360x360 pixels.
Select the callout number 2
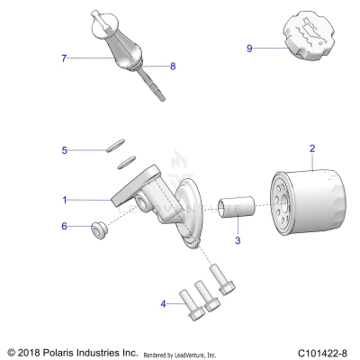pyautogui.click(x=312, y=148)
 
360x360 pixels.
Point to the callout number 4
pyautogui.click(x=164, y=304)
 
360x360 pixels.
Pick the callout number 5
pyautogui.click(x=64, y=150)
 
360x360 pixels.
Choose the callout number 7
pyautogui.click(x=64, y=58)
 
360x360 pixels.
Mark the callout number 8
pyautogui.click(x=174, y=66)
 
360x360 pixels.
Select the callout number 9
pyautogui.click(x=249, y=49)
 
